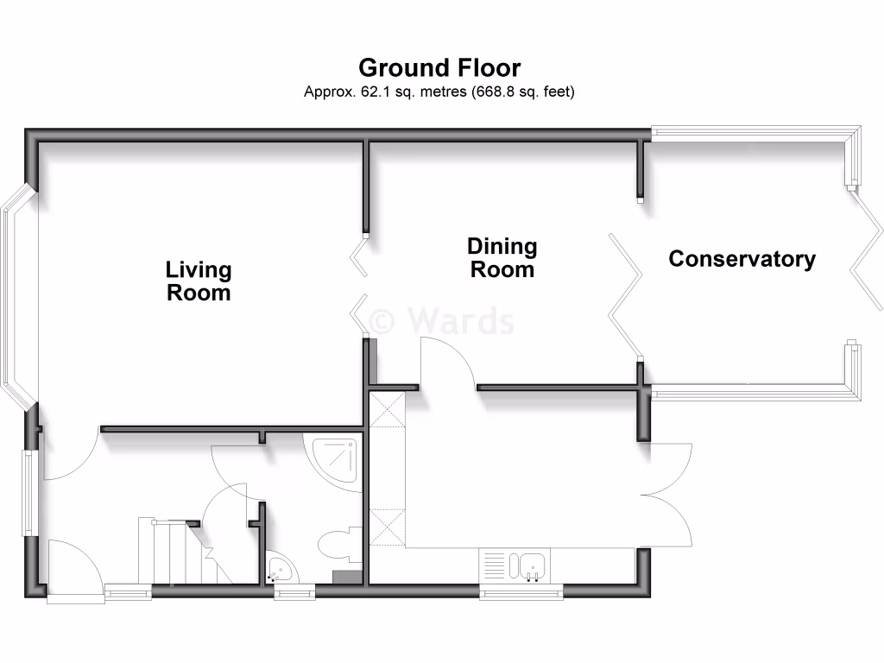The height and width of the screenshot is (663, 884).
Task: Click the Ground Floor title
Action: (x=439, y=67)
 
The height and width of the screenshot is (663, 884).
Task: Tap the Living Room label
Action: (x=199, y=281)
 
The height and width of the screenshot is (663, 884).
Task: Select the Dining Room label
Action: (x=502, y=258)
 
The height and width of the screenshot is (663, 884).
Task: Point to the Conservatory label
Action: (x=742, y=259)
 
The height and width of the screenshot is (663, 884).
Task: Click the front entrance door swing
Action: (x=73, y=565)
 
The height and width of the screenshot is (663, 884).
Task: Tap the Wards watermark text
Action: (x=442, y=321)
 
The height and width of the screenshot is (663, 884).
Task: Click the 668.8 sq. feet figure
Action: (x=522, y=91)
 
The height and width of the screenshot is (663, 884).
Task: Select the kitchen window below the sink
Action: (x=521, y=591)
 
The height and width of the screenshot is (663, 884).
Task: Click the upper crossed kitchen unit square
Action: (x=386, y=408)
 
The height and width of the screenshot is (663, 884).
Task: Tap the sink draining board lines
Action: (x=494, y=566)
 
